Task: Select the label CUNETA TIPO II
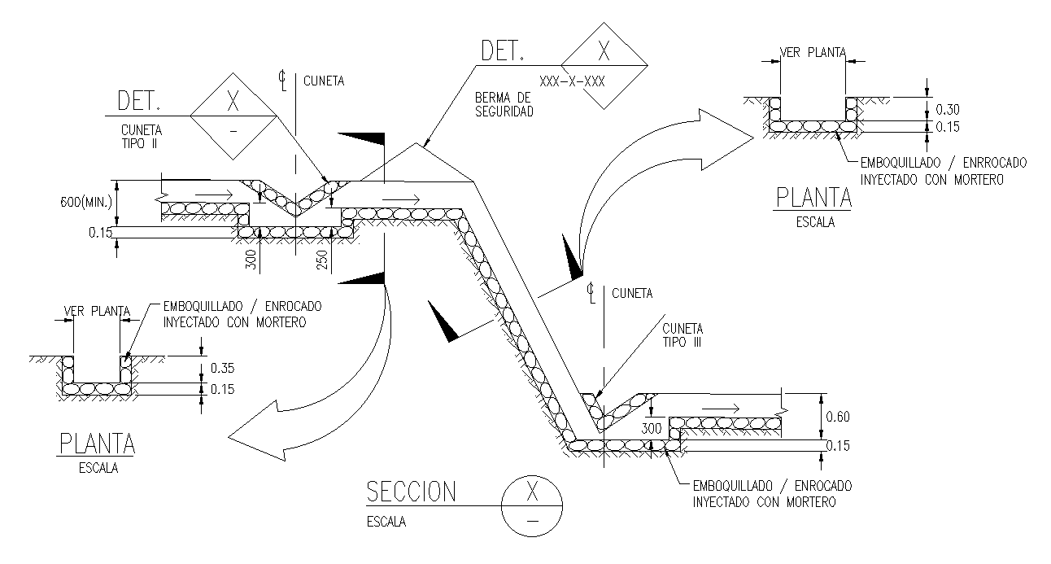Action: pyautogui.click(x=142, y=136)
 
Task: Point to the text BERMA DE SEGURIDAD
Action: pyautogui.click(x=504, y=105)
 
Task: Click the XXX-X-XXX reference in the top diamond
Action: pyautogui.click(x=573, y=82)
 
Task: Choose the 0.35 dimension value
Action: pyautogui.click(x=222, y=368)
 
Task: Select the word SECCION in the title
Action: pyautogui.click(x=411, y=492)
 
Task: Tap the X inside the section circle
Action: pyautogui.click(x=533, y=492)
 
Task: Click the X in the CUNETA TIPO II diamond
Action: pyautogui.click(x=233, y=102)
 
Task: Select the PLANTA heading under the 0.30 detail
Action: pyautogui.click(x=812, y=198)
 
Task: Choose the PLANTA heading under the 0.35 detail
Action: pyautogui.click(x=97, y=444)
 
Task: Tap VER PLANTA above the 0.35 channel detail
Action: pyautogui.click(x=97, y=310)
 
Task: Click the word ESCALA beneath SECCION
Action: pyautogui.click(x=386, y=522)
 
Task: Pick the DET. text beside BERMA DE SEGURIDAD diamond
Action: pyautogui.click(x=503, y=53)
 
